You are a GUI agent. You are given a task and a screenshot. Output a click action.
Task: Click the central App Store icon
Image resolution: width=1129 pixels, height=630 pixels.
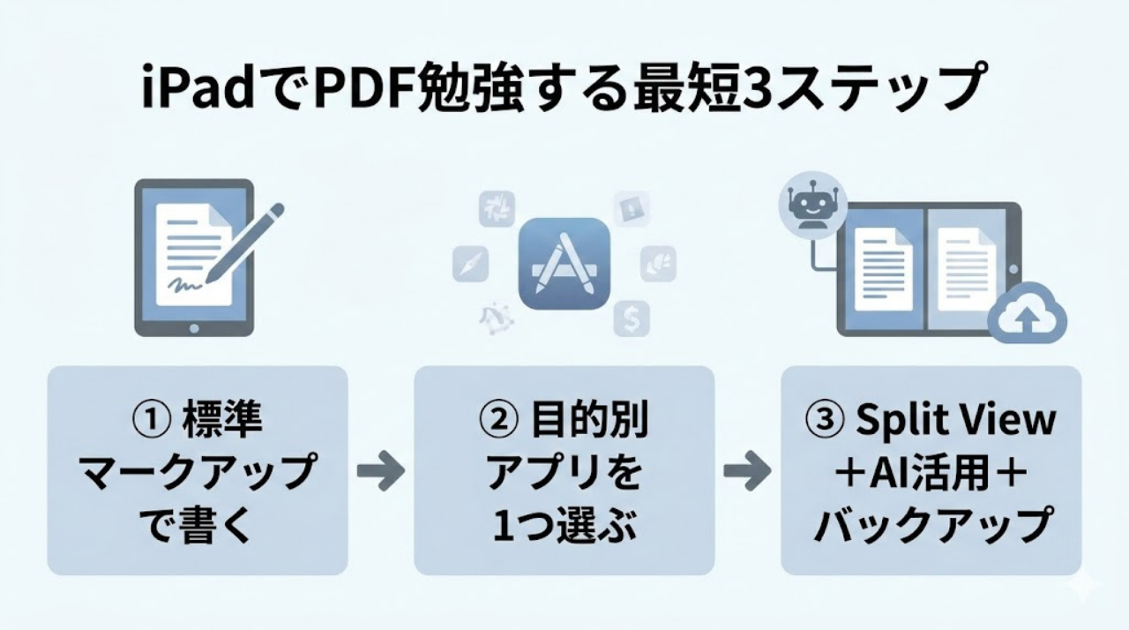564,263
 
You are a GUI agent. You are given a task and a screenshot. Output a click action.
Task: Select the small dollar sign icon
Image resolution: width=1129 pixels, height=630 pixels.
632,317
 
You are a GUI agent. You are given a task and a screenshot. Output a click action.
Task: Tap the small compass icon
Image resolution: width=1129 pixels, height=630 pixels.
470,263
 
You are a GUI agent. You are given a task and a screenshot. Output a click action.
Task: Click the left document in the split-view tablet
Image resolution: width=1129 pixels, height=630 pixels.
882,268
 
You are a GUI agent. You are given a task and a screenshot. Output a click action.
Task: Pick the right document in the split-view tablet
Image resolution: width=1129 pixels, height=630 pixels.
966,268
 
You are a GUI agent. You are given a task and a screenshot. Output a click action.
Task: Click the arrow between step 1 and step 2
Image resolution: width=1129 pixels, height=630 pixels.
380,471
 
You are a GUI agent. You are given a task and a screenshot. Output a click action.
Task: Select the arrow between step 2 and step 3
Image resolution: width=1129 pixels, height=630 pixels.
747,471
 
